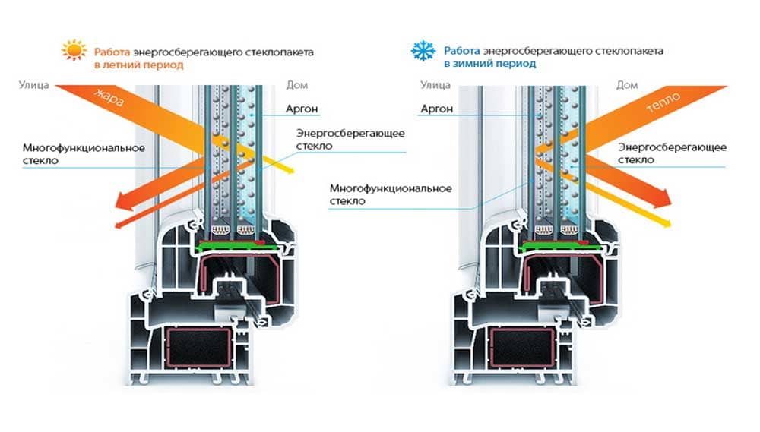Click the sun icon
(74, 52)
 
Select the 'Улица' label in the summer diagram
(33, 85)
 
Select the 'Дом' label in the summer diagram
(296, 85)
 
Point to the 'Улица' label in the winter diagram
(435, 85)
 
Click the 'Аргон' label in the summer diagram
(302, 108)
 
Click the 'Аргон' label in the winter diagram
(436, 109)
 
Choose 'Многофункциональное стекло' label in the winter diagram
(391, 194)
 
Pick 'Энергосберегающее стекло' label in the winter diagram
(673, 153)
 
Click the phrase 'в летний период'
(138, 65)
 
